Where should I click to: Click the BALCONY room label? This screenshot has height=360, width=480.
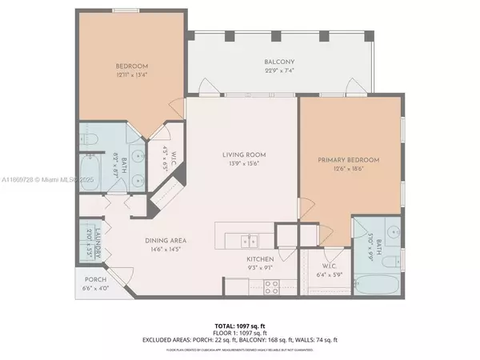280,62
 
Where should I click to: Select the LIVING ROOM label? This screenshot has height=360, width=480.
244,154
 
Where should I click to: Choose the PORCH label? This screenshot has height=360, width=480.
95,280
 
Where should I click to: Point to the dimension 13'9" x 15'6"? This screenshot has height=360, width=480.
244,165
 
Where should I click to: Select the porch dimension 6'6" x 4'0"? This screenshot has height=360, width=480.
95,290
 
